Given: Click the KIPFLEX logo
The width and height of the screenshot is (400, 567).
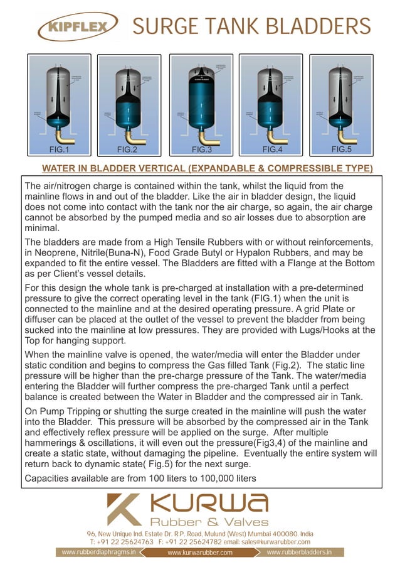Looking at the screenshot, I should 77,28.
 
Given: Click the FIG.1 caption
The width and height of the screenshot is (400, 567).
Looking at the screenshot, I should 59,149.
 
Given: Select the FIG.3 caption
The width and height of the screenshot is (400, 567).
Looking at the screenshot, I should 202,149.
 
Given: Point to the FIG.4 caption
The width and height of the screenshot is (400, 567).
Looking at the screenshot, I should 273,149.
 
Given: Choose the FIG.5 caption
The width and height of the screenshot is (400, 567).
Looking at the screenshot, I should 342,149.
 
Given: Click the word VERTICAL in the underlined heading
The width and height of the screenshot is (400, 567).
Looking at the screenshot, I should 155,168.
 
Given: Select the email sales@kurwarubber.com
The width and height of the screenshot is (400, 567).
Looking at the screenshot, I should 277,541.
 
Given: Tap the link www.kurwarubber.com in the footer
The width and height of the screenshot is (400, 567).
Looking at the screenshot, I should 200,553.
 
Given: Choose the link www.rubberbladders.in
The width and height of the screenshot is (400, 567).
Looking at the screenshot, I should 298,553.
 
